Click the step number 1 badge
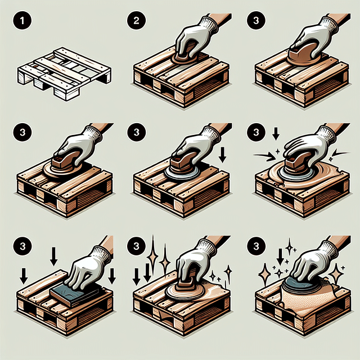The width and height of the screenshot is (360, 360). [21, 23]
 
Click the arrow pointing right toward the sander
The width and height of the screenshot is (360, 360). [264, 155]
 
